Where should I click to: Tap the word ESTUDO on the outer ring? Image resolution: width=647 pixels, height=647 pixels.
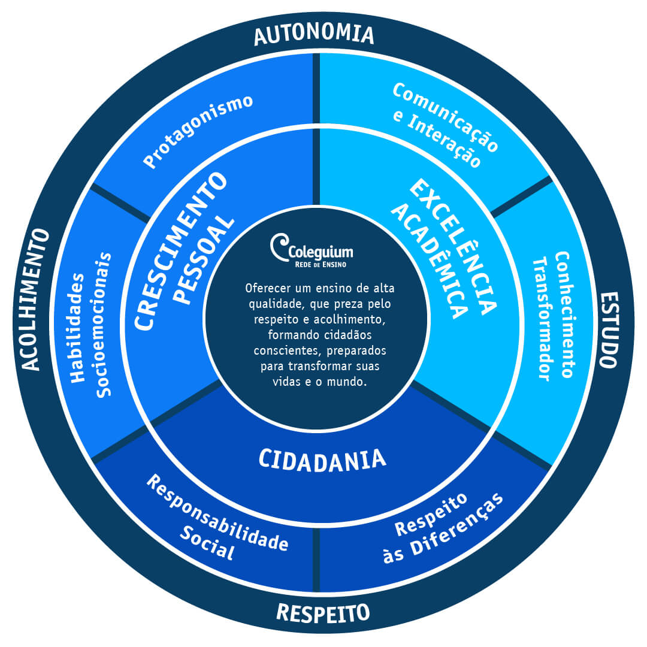(609, 329)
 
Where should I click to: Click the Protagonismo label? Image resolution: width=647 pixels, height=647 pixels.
(198, 131)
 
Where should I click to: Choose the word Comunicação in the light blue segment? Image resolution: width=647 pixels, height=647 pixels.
(446, 117)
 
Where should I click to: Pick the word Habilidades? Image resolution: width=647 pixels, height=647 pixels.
(77, 328)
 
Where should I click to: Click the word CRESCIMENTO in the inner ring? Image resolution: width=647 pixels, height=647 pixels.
(181, 250)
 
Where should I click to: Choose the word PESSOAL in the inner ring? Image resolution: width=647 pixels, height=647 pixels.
(204, 261)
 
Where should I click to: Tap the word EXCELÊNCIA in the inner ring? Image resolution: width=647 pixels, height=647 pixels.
(453, 247)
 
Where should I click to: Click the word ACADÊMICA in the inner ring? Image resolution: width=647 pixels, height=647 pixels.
(429, 261)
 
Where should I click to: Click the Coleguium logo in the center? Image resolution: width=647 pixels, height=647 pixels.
(312, 250)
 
